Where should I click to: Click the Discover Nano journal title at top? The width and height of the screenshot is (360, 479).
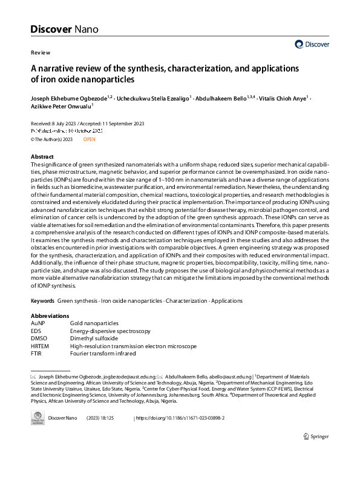coord(64,29)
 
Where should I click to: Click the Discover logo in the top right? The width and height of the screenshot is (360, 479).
coord(312,44)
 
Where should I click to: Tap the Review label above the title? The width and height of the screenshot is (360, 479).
coord(40,53)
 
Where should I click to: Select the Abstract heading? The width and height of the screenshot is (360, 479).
coord(42,157)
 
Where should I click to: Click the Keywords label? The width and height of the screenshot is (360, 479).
coord(42,300)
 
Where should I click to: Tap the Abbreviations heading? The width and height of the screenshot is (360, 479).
coord(50,316)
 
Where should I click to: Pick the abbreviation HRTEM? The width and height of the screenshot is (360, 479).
coord(40,346)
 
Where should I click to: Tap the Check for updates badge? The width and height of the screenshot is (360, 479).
coord(37,418)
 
